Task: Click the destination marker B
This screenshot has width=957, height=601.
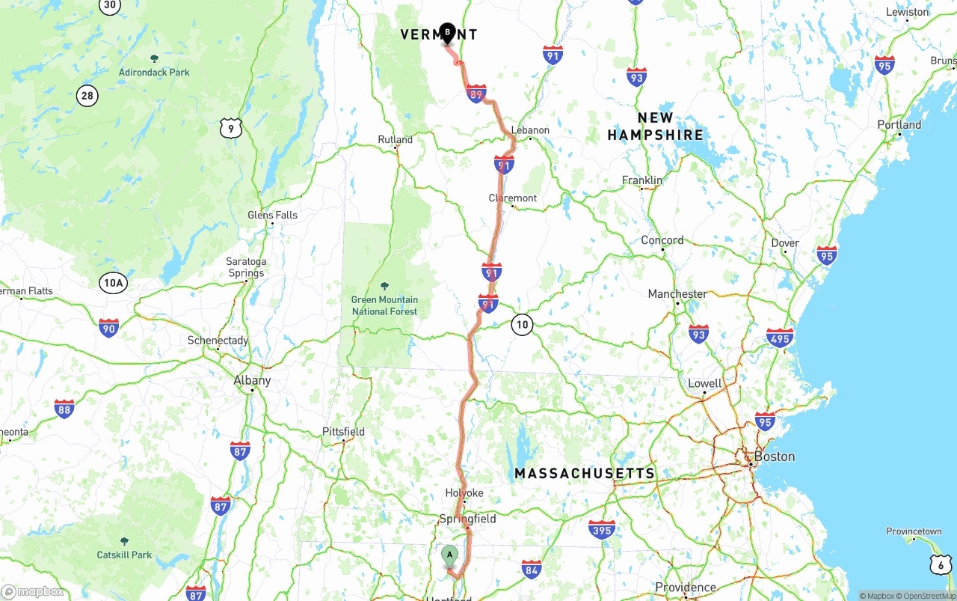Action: coord(447,32)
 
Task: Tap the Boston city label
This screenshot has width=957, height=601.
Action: coord(774,457)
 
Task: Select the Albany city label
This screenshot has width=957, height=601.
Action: coord(252,380)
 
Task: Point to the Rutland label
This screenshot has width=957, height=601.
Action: coord(395,140)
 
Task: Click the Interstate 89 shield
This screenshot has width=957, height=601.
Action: coord(476,94)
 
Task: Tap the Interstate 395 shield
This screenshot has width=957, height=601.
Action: coord(602,530)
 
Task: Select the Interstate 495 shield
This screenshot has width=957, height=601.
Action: coord(780,338)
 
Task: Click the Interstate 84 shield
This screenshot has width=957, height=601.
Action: coord(532,569)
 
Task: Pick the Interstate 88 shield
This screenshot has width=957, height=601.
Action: coord(64,409)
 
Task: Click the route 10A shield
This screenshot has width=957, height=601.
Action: coord(113,282)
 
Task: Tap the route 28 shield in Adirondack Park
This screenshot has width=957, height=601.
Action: coord(87,95)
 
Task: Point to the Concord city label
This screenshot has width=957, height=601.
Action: coord(662,240)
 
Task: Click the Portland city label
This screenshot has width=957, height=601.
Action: coord(899,125)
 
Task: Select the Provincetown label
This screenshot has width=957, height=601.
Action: coord(914,531)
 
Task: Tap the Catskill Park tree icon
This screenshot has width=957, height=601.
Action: coord(124,540)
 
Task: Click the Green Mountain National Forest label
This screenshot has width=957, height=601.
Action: coord(384,305)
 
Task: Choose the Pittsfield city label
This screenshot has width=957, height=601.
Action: coord(343,432)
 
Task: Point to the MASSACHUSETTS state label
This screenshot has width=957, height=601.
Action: coord(585,474)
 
